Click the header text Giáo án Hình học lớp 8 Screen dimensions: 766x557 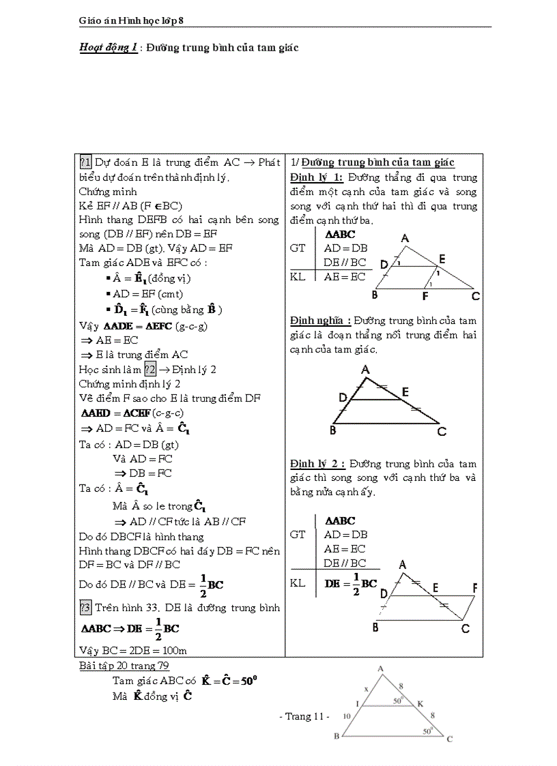pyautogui.click(x=131, y=21)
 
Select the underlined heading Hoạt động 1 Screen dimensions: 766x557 pyautogui.click(x=108, y=48)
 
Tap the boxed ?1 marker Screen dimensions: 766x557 pyautogui.click(x=85, y=162)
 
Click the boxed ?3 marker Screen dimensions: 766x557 pyautogui.click(x=85, y=607)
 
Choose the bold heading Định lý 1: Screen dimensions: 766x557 pyautogui.click(x=316, y=177)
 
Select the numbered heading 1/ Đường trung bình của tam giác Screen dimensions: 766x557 pyautogui.click(x=373, y=162)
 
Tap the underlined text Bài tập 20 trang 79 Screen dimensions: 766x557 pyautogui.click(x=124, y=665)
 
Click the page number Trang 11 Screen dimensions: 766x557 pyautogui.click(x=305, y=716)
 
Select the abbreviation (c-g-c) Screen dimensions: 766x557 pyautogui.click(x=168, y=413)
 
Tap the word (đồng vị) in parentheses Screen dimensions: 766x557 pyautogui.click(x=171, y=278)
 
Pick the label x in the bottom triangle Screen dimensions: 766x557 pyautogui.click(x=366, y=690)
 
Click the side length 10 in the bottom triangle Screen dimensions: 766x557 pyautogui.click(x=347, y=716)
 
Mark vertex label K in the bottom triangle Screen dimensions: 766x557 pyautogui.click(x=420, y=703)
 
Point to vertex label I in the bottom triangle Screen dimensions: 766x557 pyautogui.click(x=357, y=703)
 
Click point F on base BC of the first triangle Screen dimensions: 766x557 pyautogui.click(x=425, y=296)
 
